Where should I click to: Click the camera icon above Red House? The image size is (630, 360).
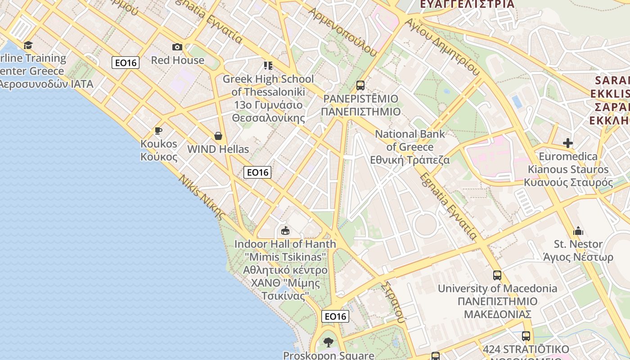tap(177, 47)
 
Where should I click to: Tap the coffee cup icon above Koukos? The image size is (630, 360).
tap(158, 130)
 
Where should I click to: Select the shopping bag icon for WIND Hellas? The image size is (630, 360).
tap(218, 136)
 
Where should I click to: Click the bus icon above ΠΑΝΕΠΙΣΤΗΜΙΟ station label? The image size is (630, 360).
tap(360, 85)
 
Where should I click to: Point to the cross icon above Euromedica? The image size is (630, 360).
tap(568, 143)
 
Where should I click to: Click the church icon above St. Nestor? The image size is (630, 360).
tap(578, 231)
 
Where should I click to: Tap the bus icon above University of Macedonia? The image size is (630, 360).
tap(497, 275)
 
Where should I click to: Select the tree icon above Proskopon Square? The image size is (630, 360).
tap(328, 342)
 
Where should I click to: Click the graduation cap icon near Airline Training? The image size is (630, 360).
tap(28, 45)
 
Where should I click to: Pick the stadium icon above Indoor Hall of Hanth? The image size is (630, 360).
tap(285, 231)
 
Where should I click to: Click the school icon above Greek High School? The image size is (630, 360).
tap(268, 66)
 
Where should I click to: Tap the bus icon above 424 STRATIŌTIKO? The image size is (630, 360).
tap(526, 336)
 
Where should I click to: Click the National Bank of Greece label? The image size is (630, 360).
tap(410, 147)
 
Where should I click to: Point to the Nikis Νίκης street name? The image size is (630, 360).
tap(201, 197)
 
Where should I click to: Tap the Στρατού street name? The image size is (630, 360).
tap(393, 302)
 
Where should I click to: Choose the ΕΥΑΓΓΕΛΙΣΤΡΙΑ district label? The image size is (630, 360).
tap(467, 4)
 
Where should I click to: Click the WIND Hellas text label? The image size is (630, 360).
tap(218, 149)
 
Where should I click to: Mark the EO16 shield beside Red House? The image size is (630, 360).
tap(126, 63)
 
